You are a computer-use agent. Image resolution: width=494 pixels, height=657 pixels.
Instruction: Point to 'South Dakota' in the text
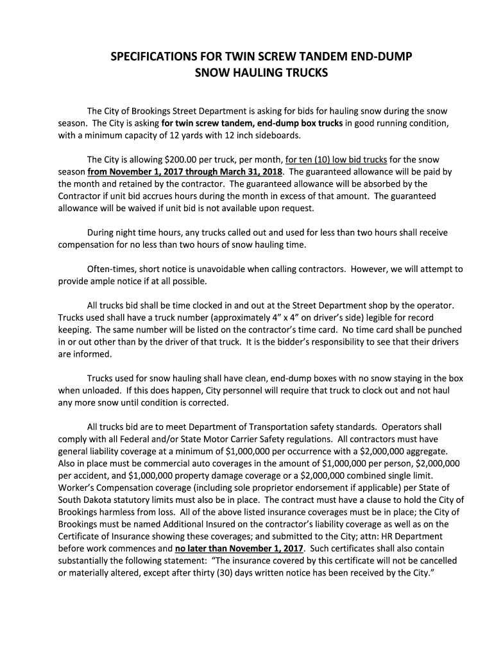pos(85,500)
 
